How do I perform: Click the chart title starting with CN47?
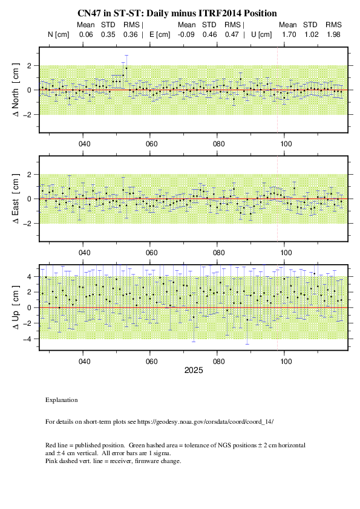click(177, 13)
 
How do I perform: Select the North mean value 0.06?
click(86, 34)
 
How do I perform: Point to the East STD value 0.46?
click(209, 34)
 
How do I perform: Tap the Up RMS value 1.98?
click(334, 34)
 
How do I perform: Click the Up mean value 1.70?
click(289, 34)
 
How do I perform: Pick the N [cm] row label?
click(59, 34)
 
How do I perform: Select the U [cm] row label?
click(261, 34)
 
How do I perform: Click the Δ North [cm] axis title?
click(15, 90)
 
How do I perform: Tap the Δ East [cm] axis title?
click(15, 199)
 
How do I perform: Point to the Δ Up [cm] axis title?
click(15, 308)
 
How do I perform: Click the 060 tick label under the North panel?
click(151, 144)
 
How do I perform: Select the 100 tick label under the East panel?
click(286, 253)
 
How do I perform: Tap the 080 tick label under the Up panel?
click(218, 361)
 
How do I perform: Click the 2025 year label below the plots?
click(194, 371)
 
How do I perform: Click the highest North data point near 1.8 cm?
click(126, 68)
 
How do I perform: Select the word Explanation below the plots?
click(62, 400)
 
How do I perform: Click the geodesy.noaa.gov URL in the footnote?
click(205, 422)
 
